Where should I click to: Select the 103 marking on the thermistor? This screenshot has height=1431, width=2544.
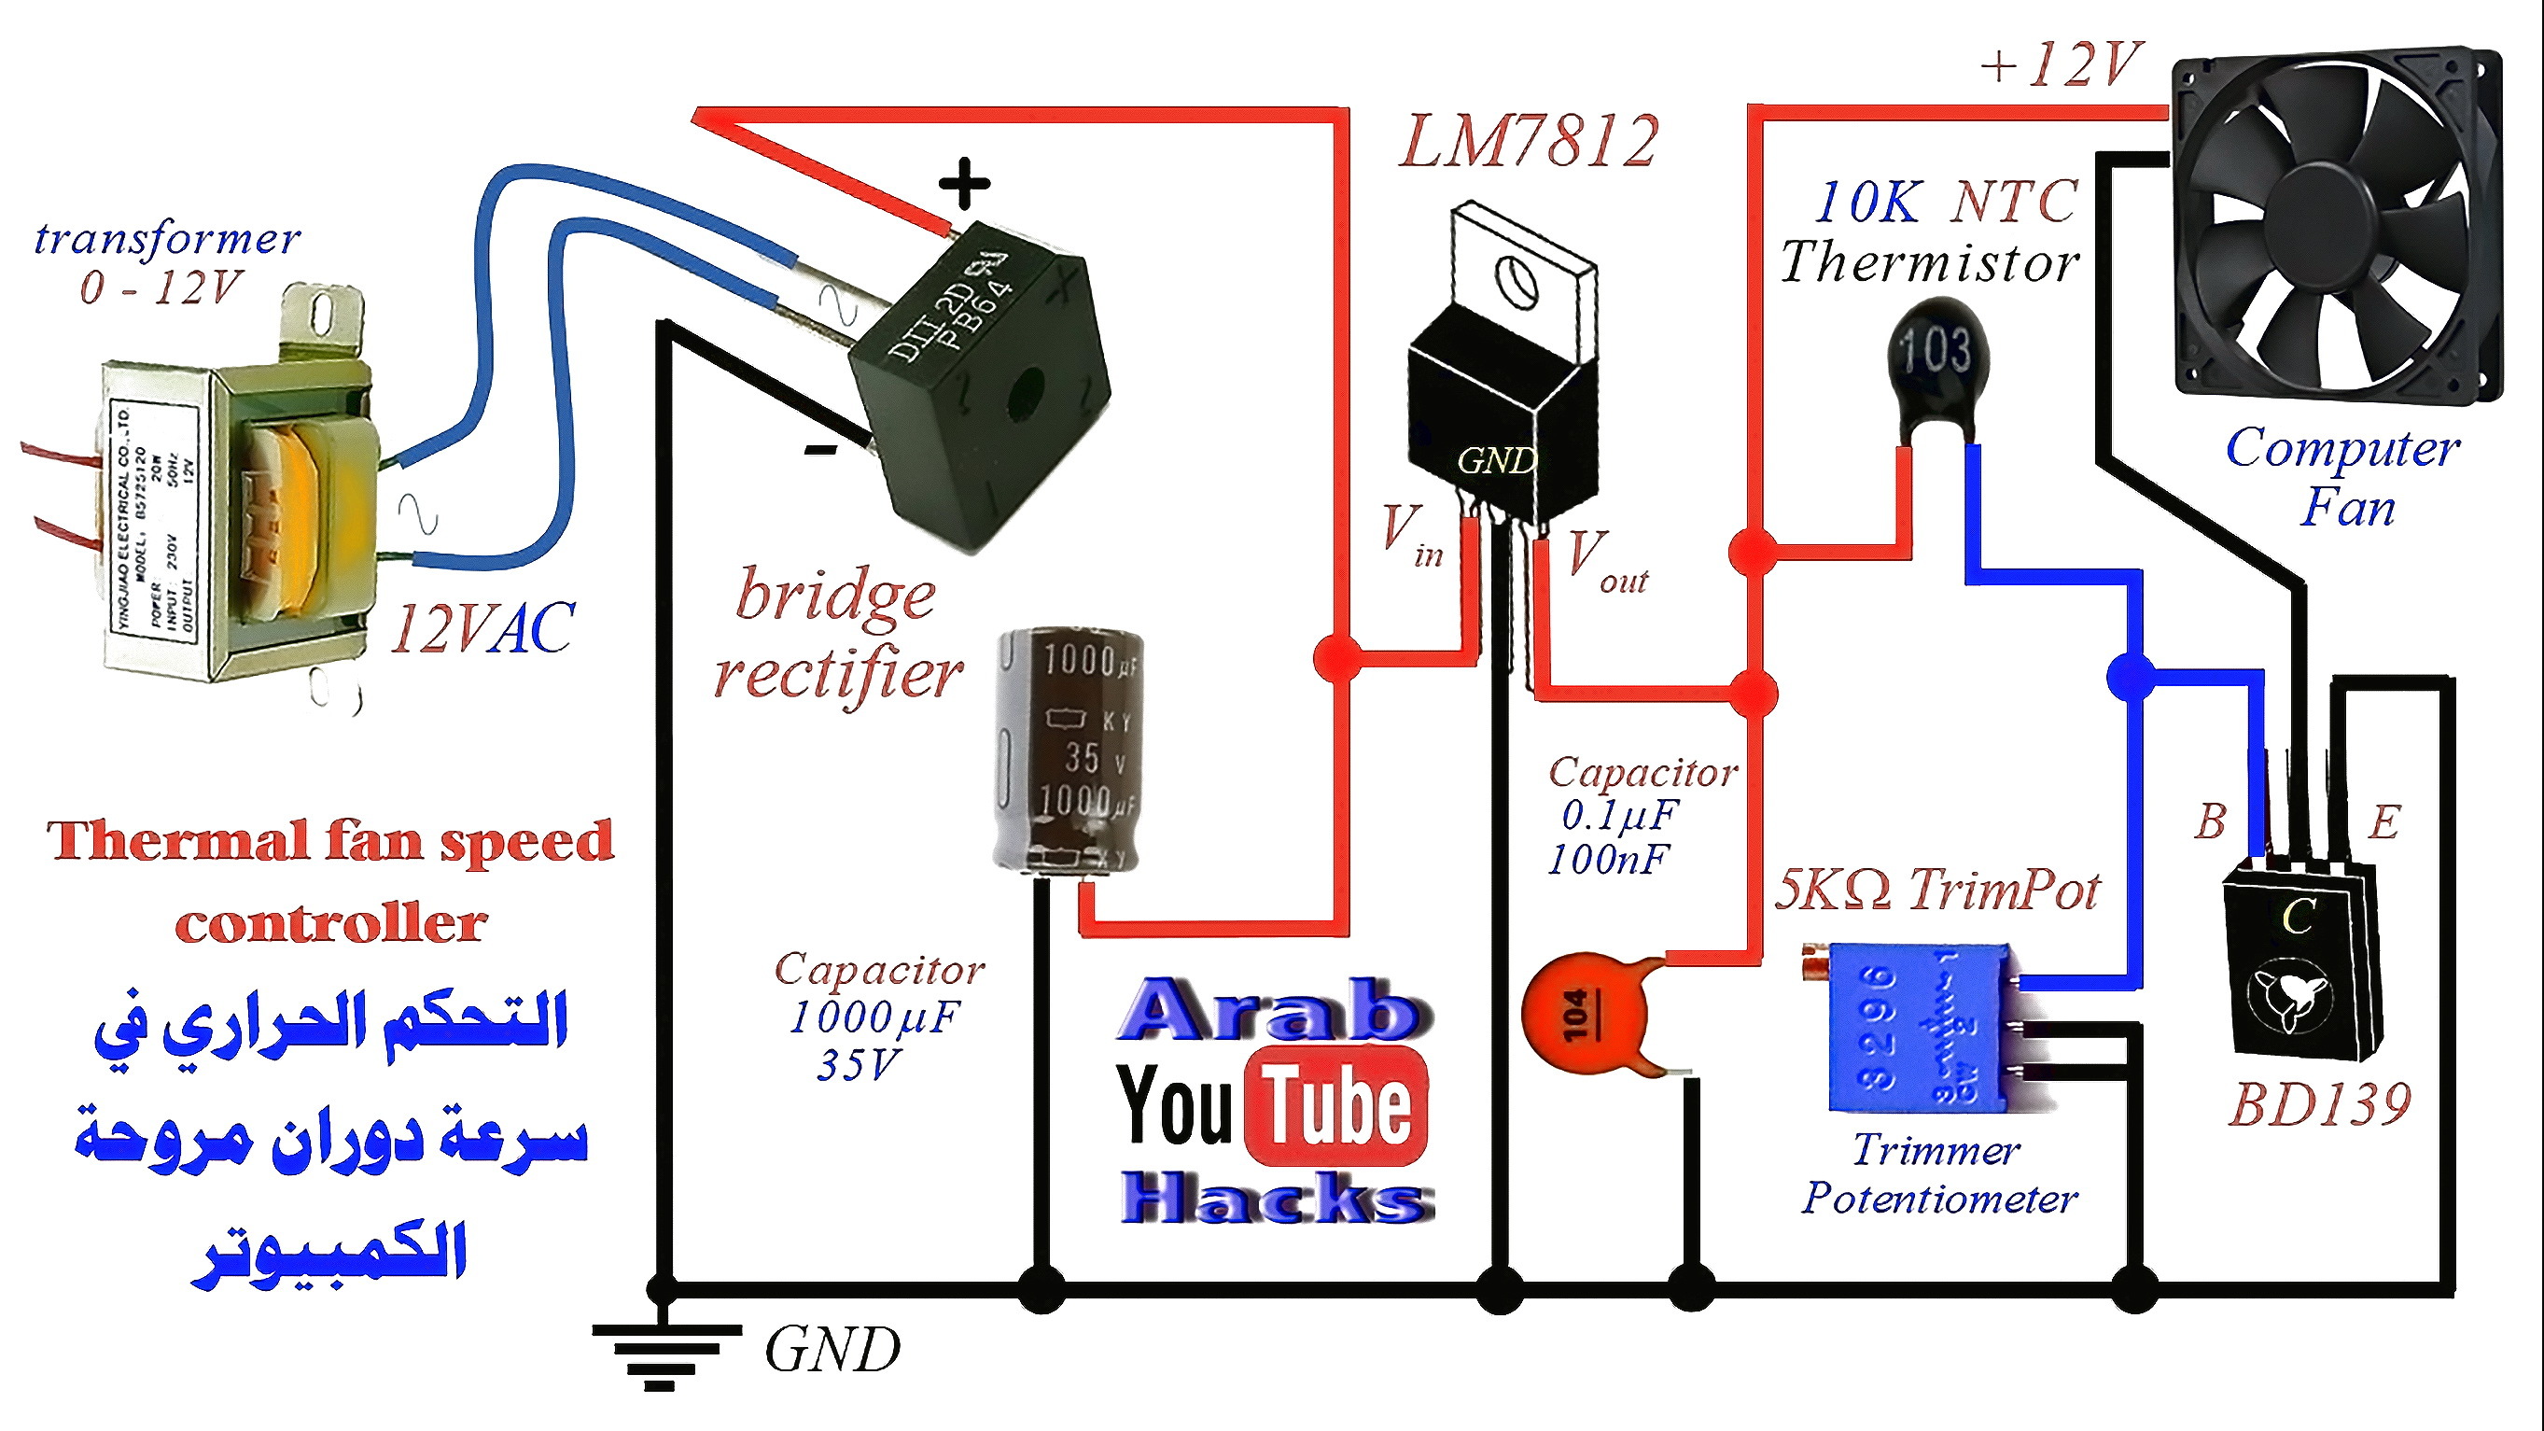[x=1935, y=350]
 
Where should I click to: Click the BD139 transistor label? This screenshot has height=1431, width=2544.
[x=2320, y=1104]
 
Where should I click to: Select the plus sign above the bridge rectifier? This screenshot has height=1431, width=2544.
[x=964, y=184]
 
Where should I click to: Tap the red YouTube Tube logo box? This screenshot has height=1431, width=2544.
[x=1336, y=1105]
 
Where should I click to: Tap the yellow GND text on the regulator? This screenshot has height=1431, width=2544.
[x=1496, y=460]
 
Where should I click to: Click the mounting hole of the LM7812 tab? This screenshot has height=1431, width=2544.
[x=1515, y=279]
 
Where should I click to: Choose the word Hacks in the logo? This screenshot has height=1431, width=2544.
[x=1276, y=1198]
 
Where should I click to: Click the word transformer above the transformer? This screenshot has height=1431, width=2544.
[x=167, y=238]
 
